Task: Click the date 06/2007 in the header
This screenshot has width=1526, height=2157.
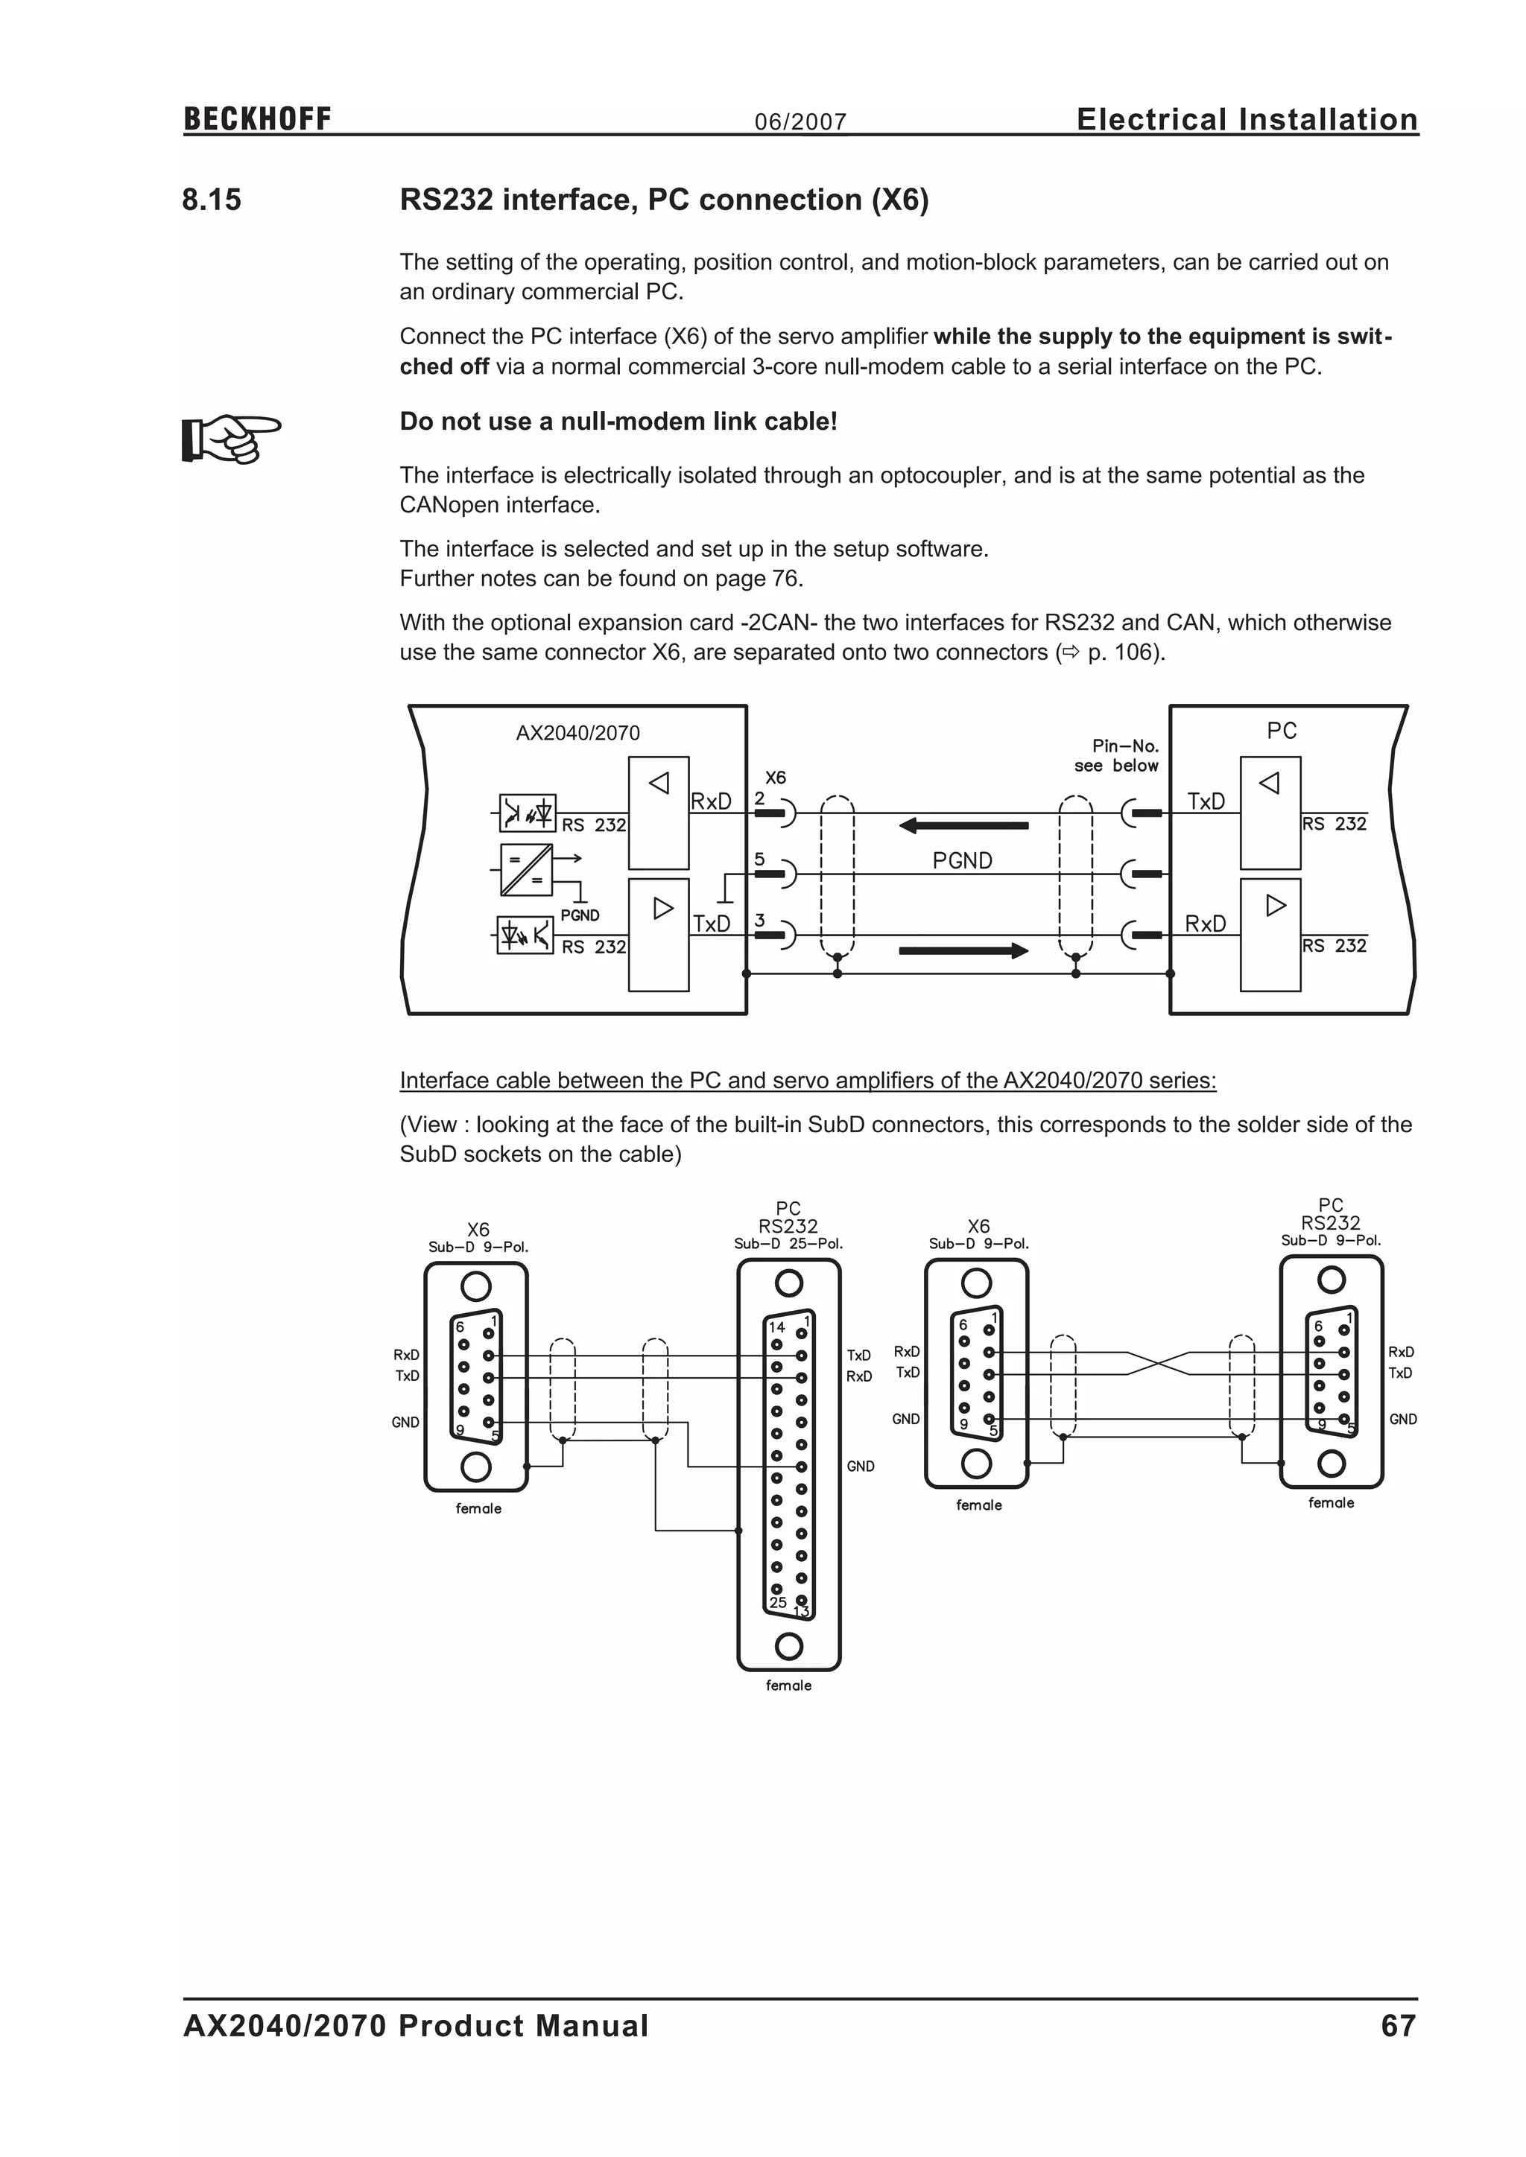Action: point(800,122)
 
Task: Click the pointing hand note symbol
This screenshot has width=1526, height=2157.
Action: point(230,438)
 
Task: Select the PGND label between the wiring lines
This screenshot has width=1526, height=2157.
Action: point(961,860)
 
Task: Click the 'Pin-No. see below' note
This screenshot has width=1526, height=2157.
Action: point(1118,756)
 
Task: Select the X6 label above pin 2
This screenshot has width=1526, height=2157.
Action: point(775,778)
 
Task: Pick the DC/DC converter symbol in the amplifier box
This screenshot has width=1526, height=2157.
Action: point(525,870)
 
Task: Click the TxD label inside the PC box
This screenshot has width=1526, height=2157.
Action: point(1206,801)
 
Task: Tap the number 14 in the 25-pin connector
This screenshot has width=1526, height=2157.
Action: point(776,1327)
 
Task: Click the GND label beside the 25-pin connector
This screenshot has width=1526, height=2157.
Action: point(860,1467)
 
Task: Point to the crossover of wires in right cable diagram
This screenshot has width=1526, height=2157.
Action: point(1158,1363)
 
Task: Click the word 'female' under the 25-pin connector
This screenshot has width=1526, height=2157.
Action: point(788,1686)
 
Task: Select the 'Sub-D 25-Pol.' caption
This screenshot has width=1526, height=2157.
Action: point(788,1244)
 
